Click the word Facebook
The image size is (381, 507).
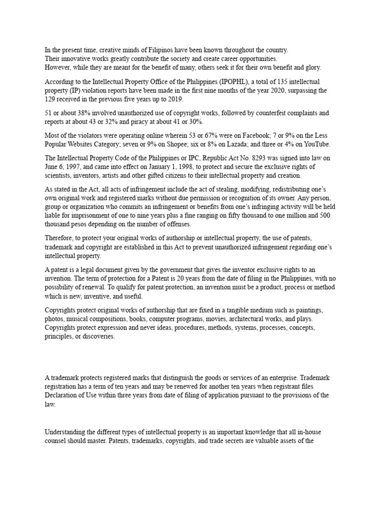[252, 135]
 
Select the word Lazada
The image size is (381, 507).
[246, 144]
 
